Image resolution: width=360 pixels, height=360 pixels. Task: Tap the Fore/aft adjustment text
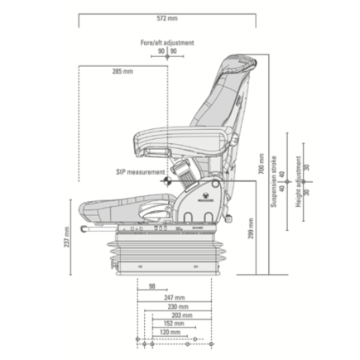[x=167, y=42]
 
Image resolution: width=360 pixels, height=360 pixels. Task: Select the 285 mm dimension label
[x=122, y=71]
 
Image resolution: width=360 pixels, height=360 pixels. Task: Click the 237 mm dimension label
[x=67, y=238]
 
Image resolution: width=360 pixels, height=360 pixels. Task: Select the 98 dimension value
[x=152, y=286]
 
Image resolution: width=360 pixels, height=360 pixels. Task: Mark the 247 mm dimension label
[x=174, y=296]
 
